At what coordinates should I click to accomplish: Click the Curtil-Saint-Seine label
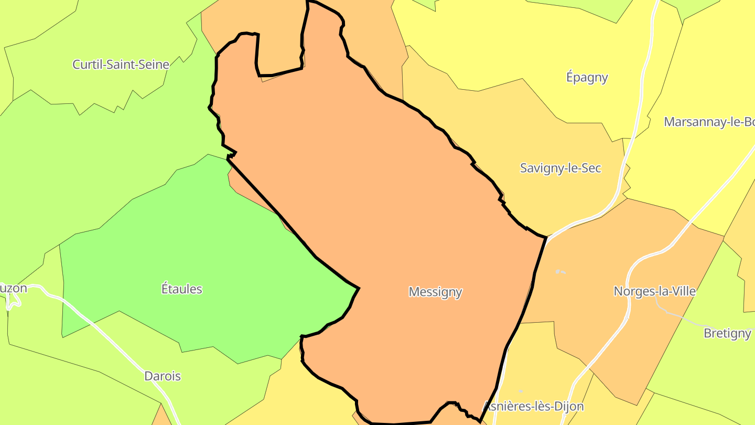click(121, 65)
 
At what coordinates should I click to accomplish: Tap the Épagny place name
click(587, 78)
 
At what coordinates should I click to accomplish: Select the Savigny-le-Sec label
click(560, 168)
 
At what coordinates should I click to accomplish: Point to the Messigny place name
click(435, 292)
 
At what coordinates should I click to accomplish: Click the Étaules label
click(181, 289)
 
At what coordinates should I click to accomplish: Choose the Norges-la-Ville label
click(654, 291)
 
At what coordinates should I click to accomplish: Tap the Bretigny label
click(727, 334)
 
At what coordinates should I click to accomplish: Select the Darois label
click(163, 376)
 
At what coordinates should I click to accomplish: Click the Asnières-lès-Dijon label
click(533, 407)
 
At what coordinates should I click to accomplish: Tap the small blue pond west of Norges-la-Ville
click(560, 272)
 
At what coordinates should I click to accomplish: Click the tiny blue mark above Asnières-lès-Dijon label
click(520, 391)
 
